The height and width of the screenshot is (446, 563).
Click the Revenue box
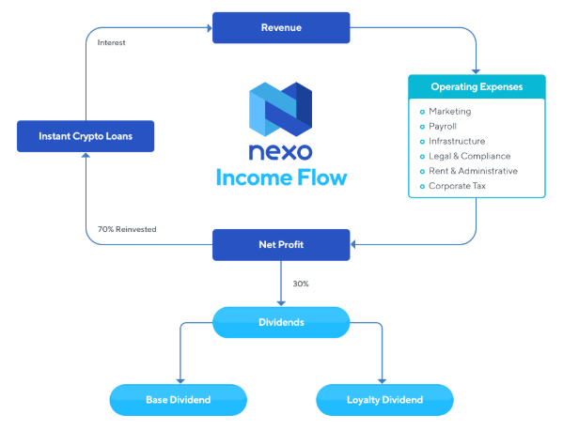[x=281, y=27]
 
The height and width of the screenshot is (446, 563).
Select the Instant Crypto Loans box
[x=86, y=136]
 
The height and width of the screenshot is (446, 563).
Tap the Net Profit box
[x=281, y=245]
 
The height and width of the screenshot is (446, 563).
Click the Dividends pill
[x=281, y=322]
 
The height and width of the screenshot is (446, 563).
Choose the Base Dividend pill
[x=178, y=400]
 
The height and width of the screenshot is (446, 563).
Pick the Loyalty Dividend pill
[x=384, y=400]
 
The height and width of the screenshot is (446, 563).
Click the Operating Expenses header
[x=477, y=86]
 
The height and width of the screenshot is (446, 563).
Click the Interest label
[x=111, y=42]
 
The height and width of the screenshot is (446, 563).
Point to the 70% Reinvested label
[x=127, y=229]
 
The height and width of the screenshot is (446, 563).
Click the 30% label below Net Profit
[x=301, y=284]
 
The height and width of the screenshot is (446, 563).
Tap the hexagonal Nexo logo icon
[x=280, y=110]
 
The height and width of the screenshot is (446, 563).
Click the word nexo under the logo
[x=280, y=152]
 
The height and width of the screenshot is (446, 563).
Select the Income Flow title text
[x=282, y=177]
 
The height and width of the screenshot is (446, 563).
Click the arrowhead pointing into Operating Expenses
[x=476, y=71]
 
